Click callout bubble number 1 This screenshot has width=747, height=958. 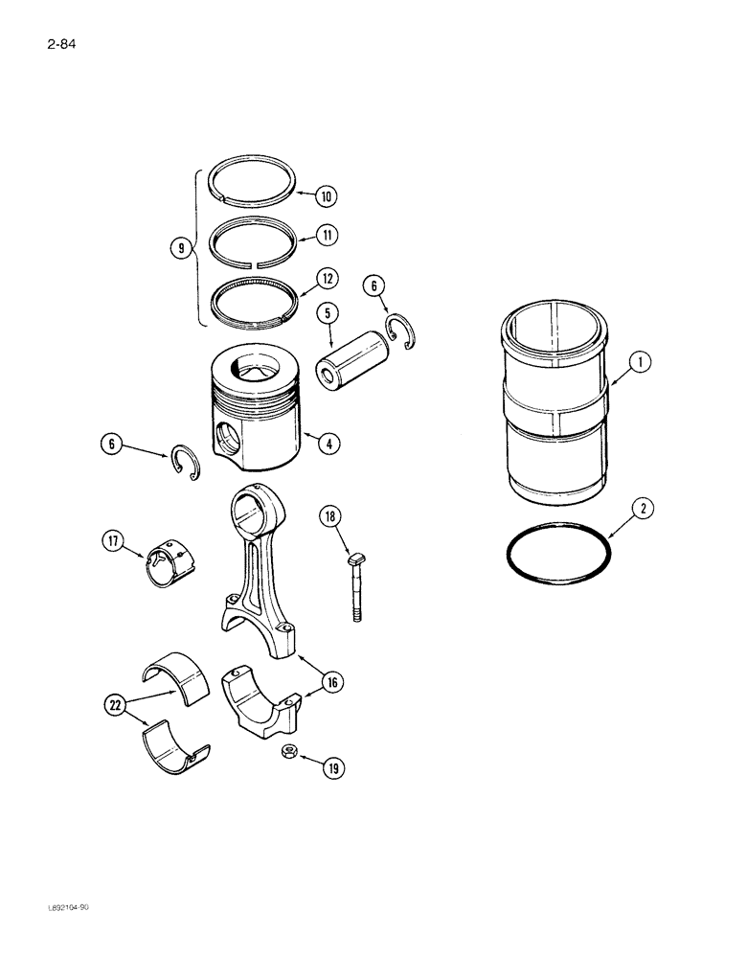[641, 361]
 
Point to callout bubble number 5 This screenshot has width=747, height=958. [328, 312]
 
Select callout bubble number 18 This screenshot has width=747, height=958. [329, 517]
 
